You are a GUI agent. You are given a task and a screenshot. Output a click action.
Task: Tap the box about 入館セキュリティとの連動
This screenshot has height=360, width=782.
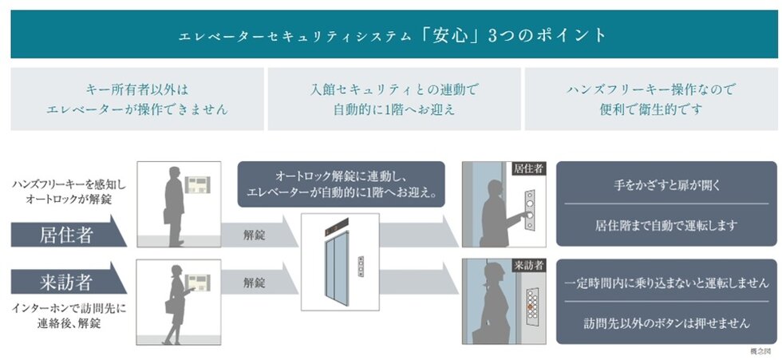tap(393, 99)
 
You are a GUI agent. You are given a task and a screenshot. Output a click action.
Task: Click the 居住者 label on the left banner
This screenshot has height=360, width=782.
tap(65, 235)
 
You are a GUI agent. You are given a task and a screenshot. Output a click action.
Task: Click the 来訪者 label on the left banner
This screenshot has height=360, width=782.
tap(65, 282)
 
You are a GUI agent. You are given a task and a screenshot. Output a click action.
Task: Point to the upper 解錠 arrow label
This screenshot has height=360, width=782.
tap(254, 235)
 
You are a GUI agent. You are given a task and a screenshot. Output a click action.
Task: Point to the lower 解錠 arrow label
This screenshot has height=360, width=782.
tap(254, 282)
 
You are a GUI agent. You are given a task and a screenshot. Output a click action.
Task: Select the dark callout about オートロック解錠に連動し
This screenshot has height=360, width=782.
tap(341, 184)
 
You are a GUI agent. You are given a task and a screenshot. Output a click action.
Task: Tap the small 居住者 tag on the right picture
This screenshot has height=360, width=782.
tap(527, 169)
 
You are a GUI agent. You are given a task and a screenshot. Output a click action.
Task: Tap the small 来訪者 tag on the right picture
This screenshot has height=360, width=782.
tap(527, 265)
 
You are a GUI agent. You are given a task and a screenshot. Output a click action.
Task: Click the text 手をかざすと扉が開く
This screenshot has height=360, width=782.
tap(666, 185)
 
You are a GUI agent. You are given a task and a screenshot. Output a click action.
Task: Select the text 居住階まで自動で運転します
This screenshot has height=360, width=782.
tap(666, 226)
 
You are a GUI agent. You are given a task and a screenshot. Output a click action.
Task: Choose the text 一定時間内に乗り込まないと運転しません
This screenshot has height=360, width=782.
tap(666, 283)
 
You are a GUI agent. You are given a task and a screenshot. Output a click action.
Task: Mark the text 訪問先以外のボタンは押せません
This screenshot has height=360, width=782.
tap(666, 323)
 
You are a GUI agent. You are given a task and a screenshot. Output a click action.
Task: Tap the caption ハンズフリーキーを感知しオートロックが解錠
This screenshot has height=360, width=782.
tap(69, 192)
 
